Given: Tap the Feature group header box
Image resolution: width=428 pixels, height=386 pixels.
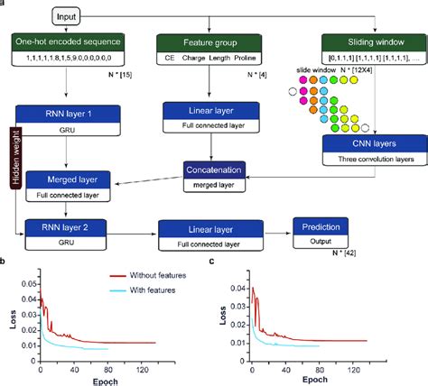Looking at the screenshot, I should coord(210,42).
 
